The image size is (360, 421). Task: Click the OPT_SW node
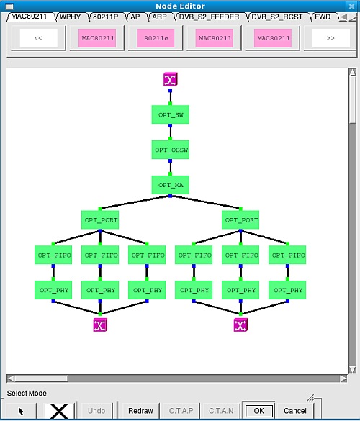[171, 114]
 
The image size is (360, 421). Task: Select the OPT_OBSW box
[171, 150]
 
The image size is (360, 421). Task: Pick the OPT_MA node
[171, 185]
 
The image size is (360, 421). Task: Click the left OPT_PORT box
[100, 220]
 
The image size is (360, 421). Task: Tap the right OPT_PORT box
[240, 220]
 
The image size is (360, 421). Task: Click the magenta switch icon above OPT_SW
[171, 79]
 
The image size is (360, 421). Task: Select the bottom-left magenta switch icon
[100, 325]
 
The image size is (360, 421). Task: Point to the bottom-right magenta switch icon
[240, 325]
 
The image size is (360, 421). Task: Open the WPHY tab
[70, 17]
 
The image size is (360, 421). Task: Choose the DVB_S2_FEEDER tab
[209, 17]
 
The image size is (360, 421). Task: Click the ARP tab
[159, 17]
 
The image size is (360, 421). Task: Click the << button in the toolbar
[38, 38]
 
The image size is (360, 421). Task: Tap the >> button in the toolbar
[330, 38]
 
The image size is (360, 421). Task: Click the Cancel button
[295, 411]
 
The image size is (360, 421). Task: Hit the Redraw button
[140, 411]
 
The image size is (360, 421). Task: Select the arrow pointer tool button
[21, 411]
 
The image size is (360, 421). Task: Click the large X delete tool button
[59, 411]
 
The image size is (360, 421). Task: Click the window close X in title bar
[351, 6]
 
